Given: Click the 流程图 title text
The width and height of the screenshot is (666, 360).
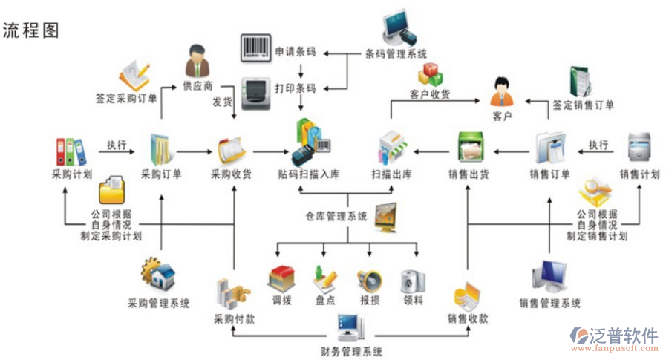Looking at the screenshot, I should [30, 30].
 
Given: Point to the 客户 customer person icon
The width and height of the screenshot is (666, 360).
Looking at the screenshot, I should [503, 91].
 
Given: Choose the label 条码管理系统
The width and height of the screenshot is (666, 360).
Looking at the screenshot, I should [396, 53].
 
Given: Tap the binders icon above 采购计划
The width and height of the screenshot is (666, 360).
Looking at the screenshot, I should [71, 151].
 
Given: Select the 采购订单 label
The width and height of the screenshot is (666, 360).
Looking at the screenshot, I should [161, 175].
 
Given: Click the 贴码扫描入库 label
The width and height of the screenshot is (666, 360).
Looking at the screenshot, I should [309, 175].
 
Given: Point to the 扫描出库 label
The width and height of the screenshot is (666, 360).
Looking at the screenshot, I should [391, 175].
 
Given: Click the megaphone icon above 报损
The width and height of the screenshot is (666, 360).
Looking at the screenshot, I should [369, 280].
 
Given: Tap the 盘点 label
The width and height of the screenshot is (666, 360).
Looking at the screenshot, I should [325, 301].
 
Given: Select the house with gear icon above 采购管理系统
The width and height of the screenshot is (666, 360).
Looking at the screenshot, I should [159, 274].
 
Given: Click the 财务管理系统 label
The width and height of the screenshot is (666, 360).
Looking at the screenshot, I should [352, 351].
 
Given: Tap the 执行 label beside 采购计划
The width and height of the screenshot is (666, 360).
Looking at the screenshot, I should [117, 144].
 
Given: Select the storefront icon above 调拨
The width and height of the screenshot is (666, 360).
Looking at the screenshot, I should [282, 278].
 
